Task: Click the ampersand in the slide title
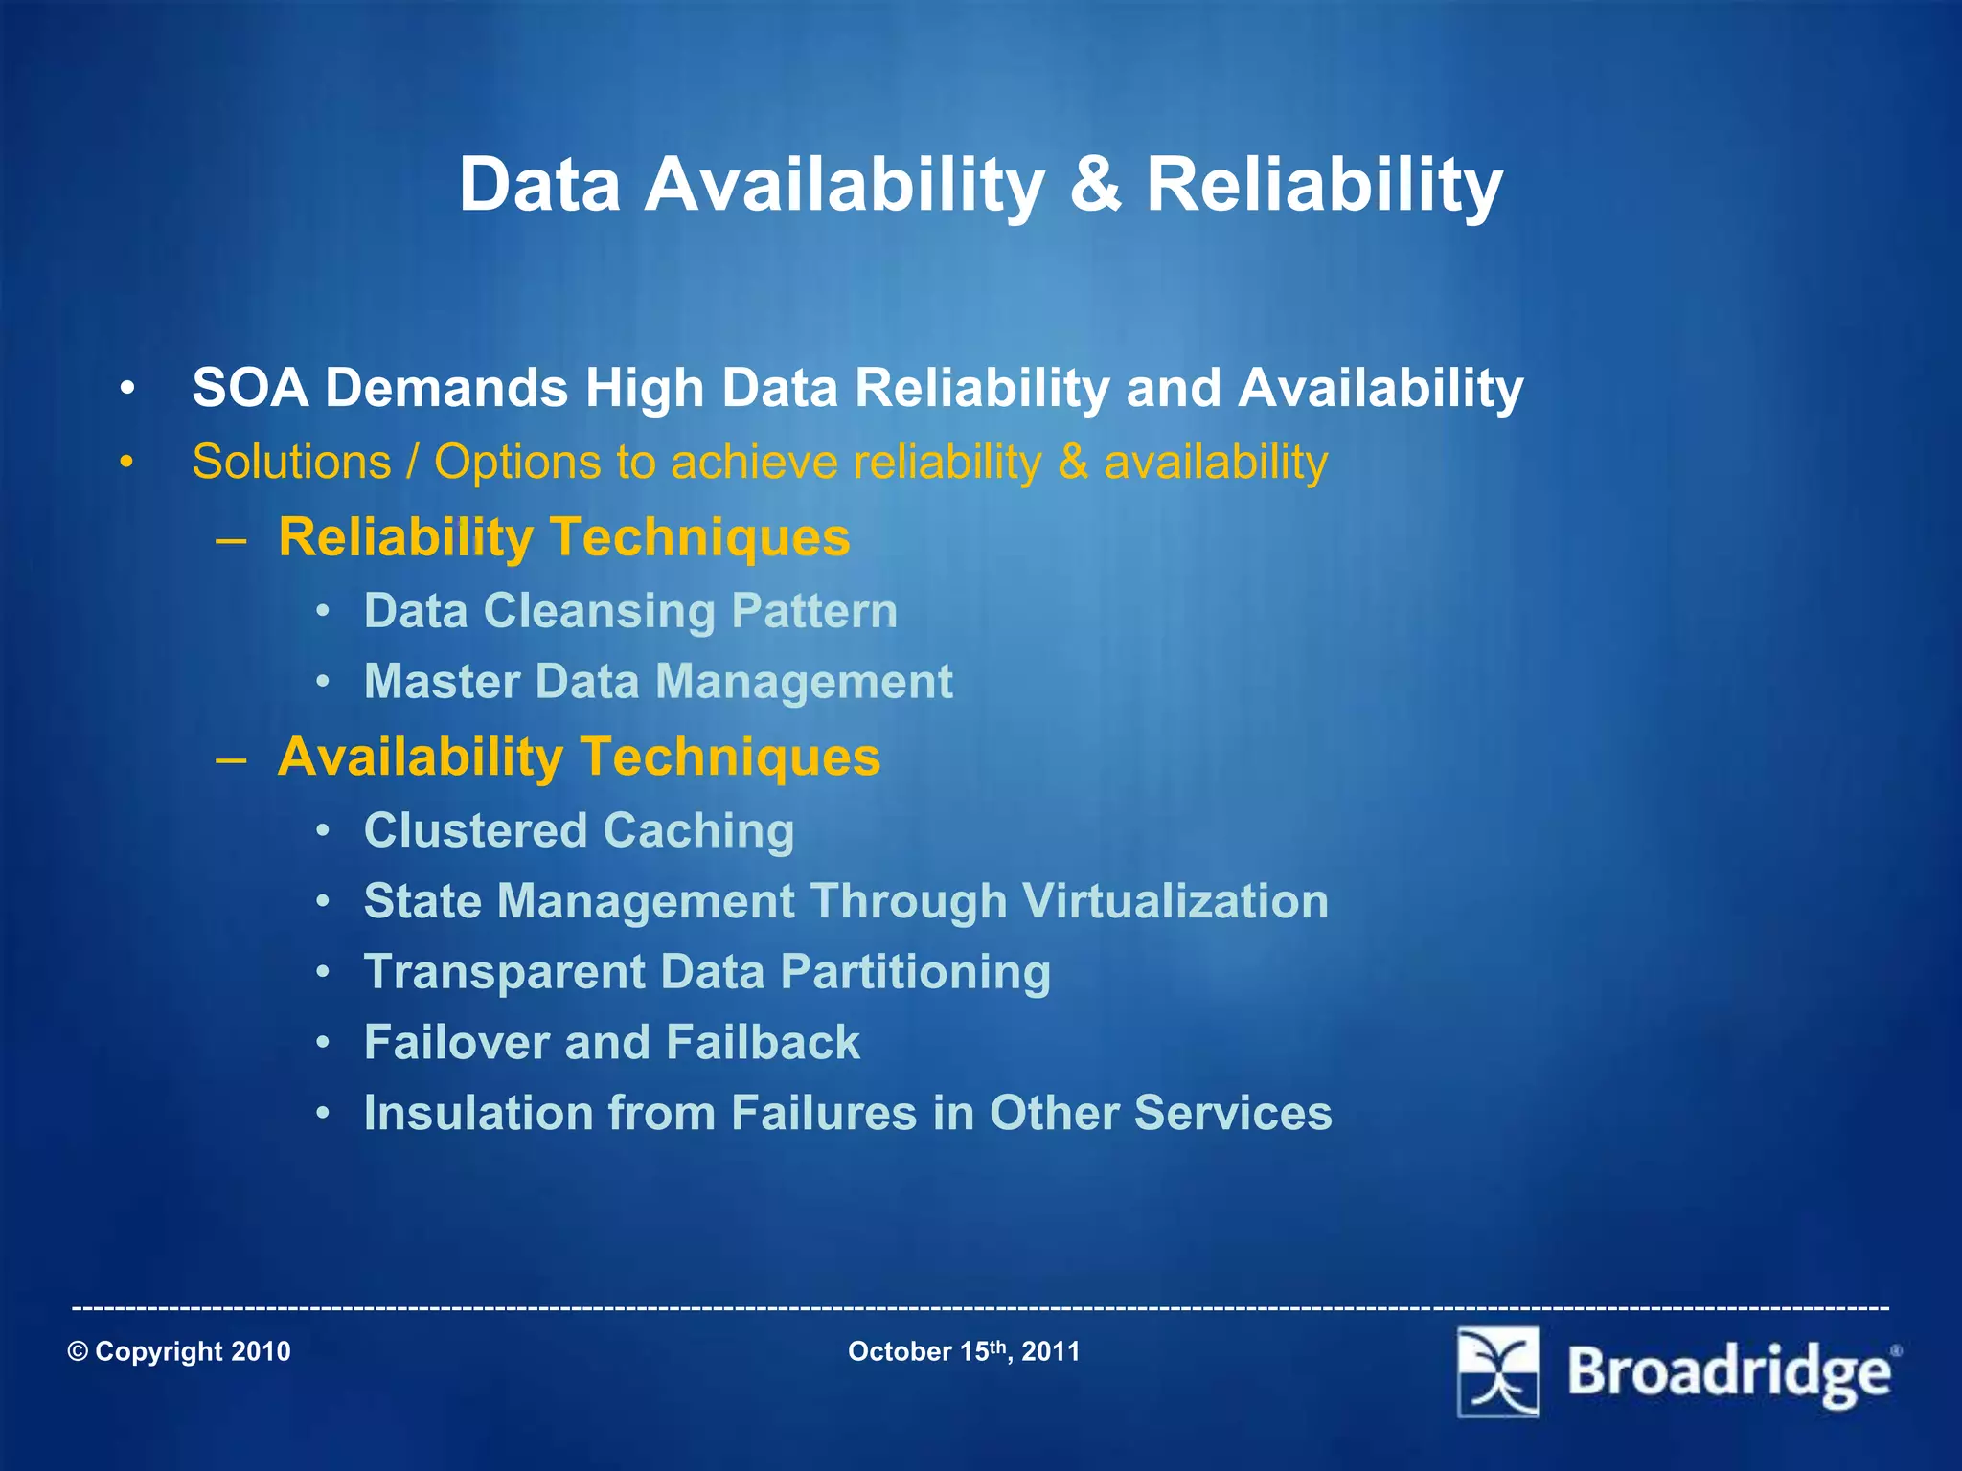pyautogui.click(x=1095, y=184)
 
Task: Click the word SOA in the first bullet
pyautogui.click(x=250, y=388)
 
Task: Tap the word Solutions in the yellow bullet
pyautogui.click(x=291, y=462)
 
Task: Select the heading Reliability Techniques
pyautogui.click(x=563, y=536)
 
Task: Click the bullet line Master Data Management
pyautogui.click(x=658, y=682)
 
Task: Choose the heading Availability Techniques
pyautogui.click(x=579, y=757)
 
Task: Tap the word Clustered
pyautogui.click(x=475, y=830)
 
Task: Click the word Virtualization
pyautogui.click(x=1175, y=901)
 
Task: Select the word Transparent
pyautogui.click(x=505, y=972)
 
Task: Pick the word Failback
pyautogui.click(x=763, y=1042)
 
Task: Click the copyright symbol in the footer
pyautogui.click(x=79, y=1351)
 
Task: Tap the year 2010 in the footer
pyautogui.click(x=261, y=1351)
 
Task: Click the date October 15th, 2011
pyautogui.click(x=964, y=1351)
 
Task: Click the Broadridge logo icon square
pyautogui.click(x=1498, y=1371)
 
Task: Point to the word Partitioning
pyautogui.click(x=915, y=972)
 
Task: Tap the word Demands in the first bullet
pyautogui.click(x=446, y=388)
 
